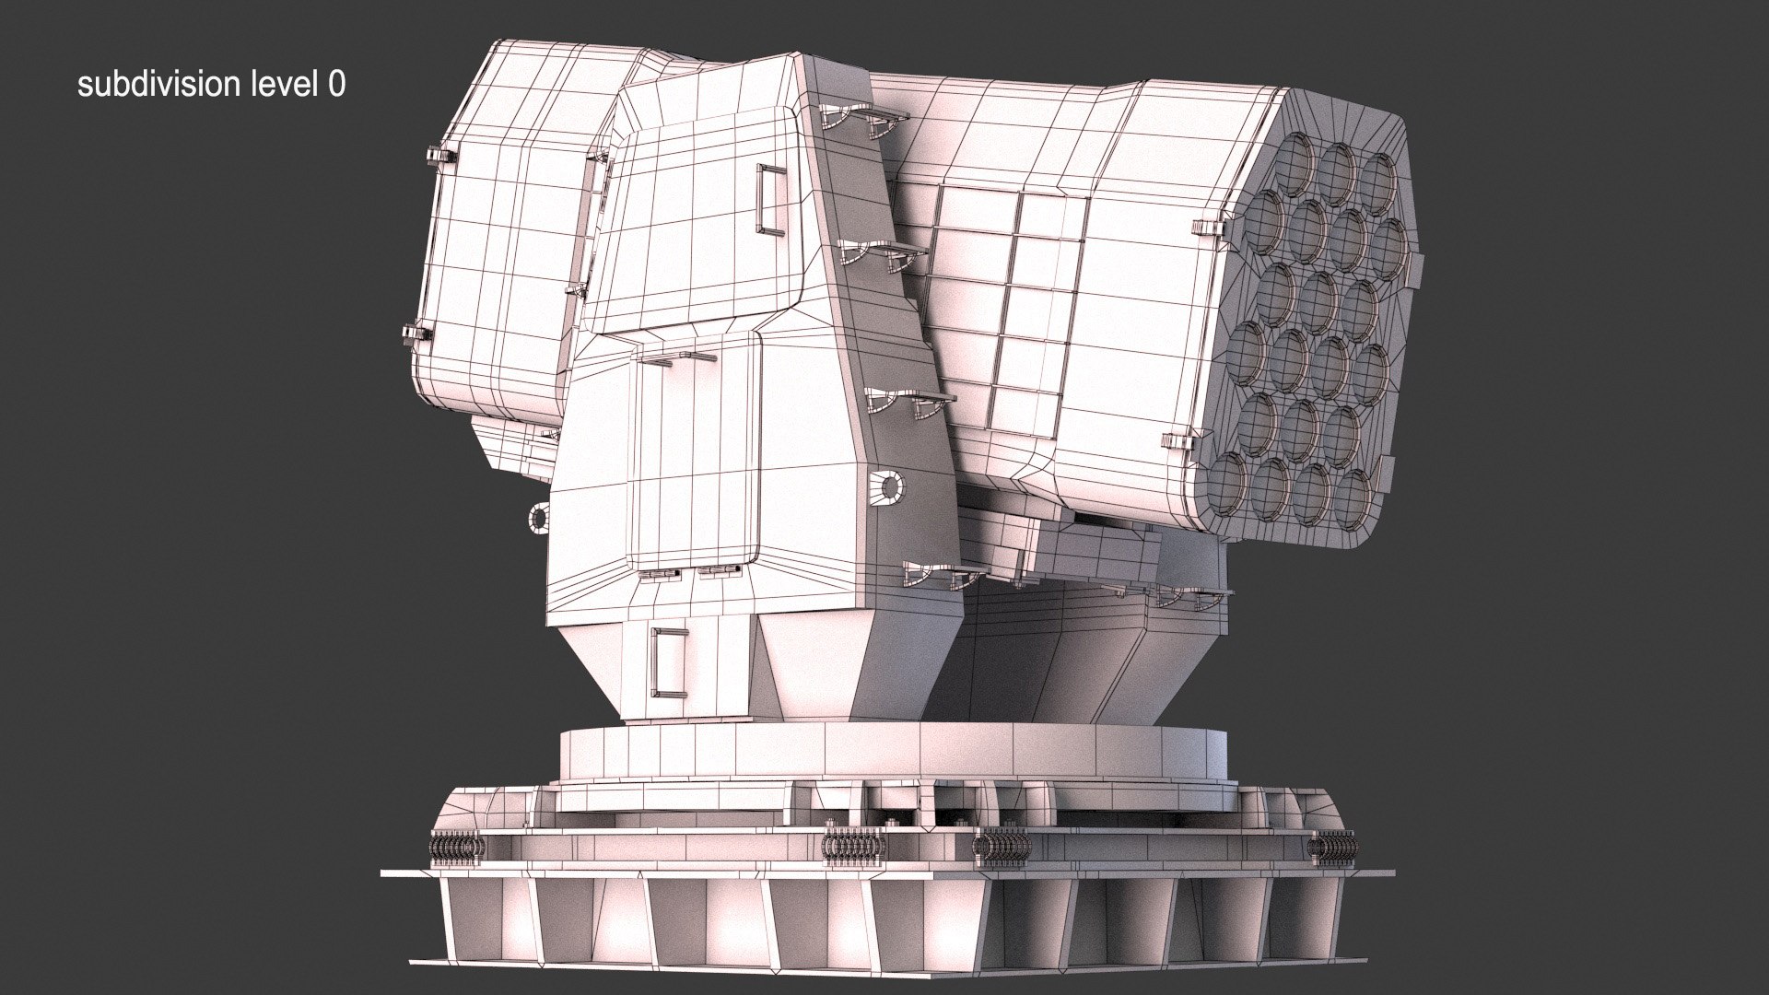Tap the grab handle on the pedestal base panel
[x=668, y=661]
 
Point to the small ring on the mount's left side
[x=538, y=519]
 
